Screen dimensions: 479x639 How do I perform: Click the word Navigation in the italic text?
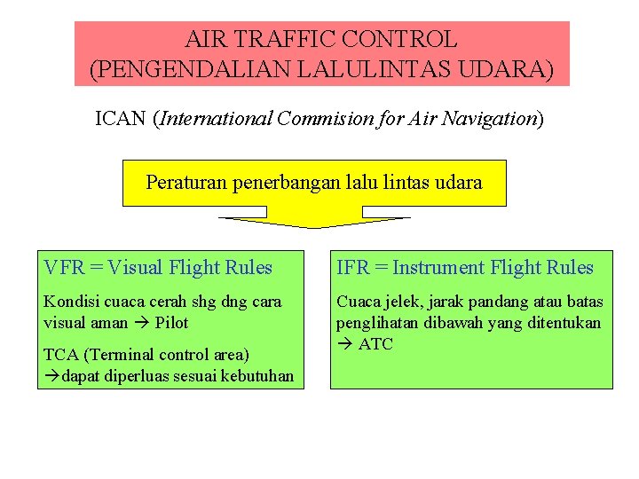(493, 119)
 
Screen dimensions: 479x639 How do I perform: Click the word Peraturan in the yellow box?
(185, 183)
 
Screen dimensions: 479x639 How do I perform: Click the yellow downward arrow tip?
(314, 226)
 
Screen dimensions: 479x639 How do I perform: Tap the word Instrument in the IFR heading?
(438, 267)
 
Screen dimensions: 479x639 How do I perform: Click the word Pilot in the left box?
(171, 323)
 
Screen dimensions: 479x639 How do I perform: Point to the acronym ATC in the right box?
(375, 344)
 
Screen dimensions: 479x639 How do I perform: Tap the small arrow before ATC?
(344, 344)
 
